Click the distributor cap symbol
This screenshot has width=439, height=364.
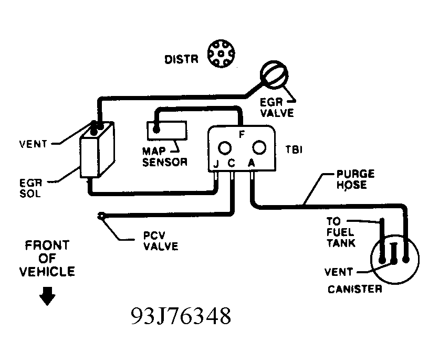click(x=221, y=53)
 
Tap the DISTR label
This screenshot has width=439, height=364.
click(x=181, y=59)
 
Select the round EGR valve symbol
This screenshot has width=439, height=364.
click(x=274, y=74)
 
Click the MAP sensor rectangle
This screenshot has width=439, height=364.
click(x=167, y=131)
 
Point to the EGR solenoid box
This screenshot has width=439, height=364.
click(x=97, y=149)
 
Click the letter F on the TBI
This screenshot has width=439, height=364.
click(x=242, y=134)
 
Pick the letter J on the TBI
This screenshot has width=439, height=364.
click(x=216, y=164)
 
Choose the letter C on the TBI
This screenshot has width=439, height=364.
click(x=231, y=163)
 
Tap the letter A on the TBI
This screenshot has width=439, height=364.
click(x=252, y=163)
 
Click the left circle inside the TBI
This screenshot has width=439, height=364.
click(x=225, y=148)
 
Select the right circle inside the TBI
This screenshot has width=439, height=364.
click(x=259, y=147)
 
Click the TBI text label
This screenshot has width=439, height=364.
click(x=294, y=150)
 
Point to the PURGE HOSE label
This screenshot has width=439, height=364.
click(x=356, y=179)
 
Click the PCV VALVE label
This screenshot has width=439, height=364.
click(x=161, y=241)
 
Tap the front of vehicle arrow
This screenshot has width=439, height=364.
click(x=47, y=296)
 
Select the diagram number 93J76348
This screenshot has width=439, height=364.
click(x=181, y=316)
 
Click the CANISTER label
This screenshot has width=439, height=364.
click(x=355, y=289)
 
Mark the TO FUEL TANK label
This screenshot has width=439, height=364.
click(x=341, y=232)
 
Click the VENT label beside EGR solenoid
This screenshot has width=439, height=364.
click(x=33, y=144)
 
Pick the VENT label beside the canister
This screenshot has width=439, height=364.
click(x=339, y=272)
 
